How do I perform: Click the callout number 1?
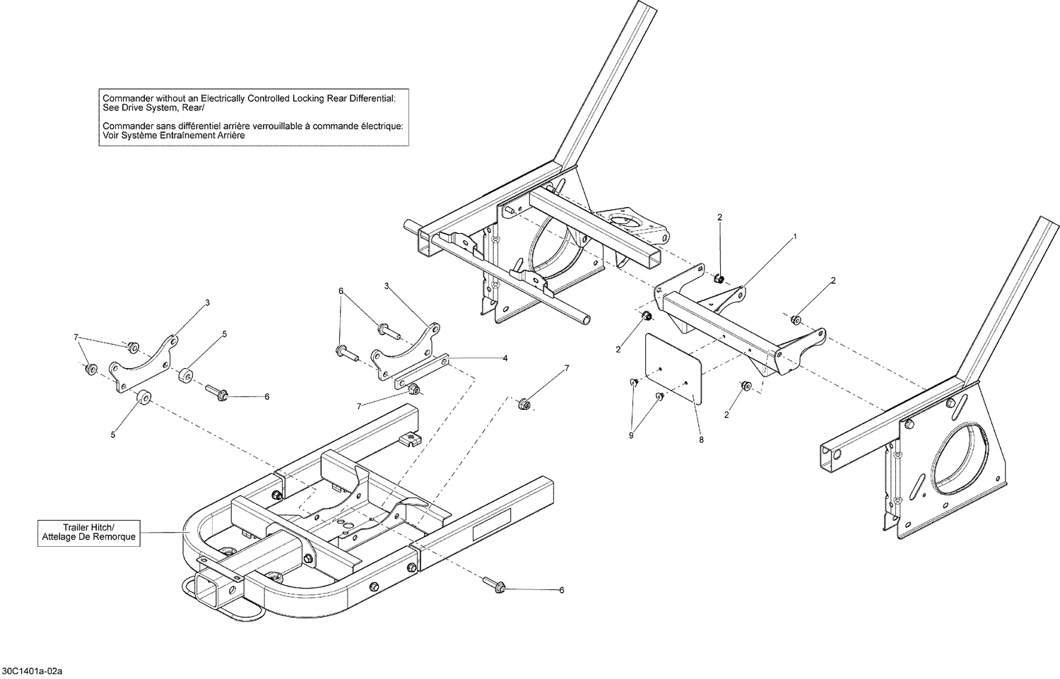coord(794,236)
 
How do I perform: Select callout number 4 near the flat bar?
coord(505,358)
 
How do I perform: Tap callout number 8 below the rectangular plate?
coord(701,439)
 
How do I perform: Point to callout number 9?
coord(631,435)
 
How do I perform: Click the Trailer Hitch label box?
coord(88,532)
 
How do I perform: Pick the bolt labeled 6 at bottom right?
coord(493,584)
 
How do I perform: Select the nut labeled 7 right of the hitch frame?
coord(524,404)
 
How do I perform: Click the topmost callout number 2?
coord(719,217)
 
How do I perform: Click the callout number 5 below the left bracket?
coord(113,435)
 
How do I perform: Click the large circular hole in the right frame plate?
coord(965,452)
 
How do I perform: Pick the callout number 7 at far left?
coord(76,338)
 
